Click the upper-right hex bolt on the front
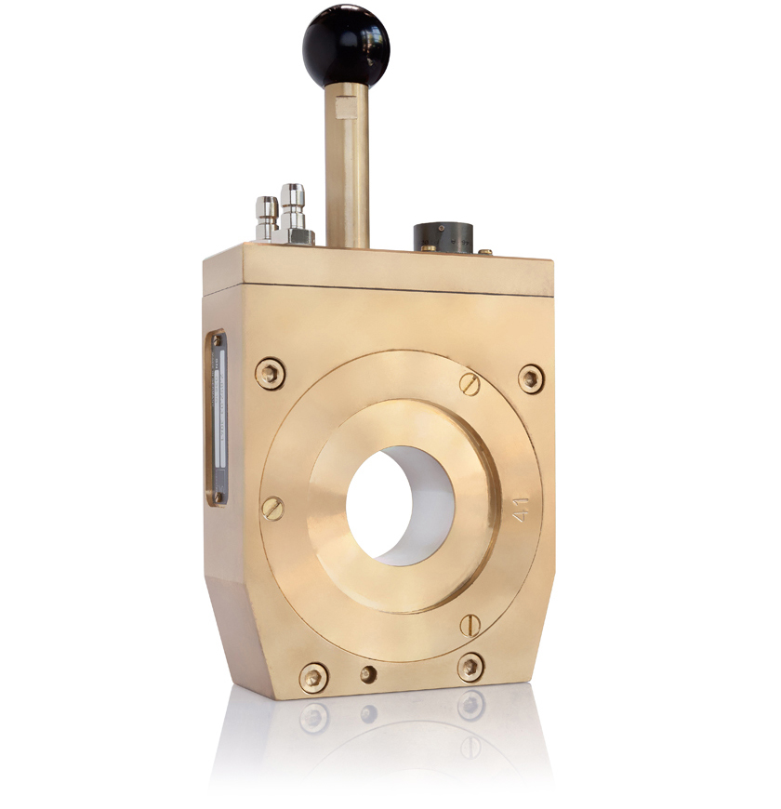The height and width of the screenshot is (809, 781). pos(530,378)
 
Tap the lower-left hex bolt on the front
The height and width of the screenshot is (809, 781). pos(312,676)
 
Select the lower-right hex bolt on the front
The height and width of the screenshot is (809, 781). pos(470,667)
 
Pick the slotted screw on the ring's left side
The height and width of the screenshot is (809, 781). pos(272,508)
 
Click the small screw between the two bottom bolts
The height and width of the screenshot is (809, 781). pos(369,673)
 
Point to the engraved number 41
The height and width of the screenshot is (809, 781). pos(523,511)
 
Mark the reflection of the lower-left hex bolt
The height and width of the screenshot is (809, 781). pos(312,717)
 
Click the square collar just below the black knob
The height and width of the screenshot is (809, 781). pos(344,99)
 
